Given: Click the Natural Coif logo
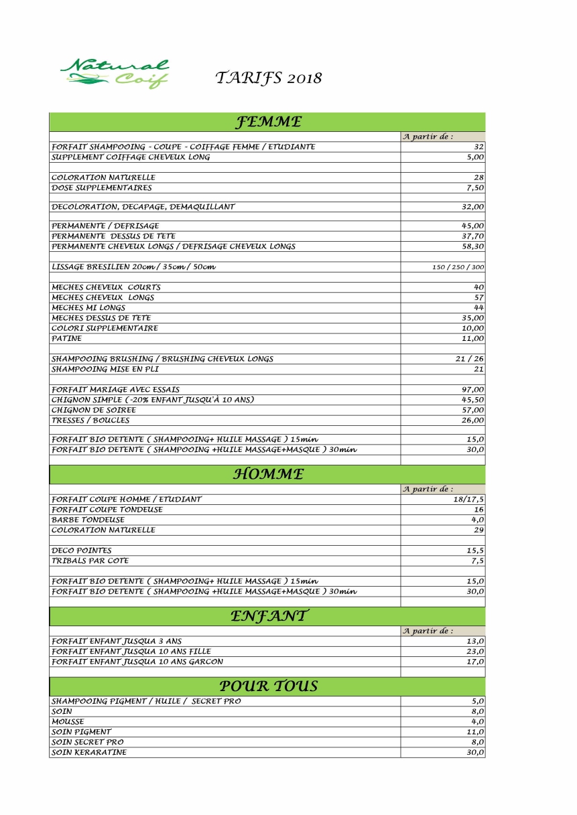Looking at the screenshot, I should pos(115,74).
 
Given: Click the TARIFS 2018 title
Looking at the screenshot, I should pos(268,78).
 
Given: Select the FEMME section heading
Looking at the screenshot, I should pos(267,122).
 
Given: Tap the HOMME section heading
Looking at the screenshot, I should pos(268,474).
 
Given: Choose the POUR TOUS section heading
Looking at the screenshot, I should pos(268,686).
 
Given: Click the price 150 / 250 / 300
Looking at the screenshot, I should pos(458,267).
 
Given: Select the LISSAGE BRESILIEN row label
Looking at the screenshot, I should pos(133,267).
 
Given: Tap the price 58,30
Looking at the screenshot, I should pos(472,246).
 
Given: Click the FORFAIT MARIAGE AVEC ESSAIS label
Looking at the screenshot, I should pos(115,389).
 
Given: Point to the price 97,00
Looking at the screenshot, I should pos(472,389).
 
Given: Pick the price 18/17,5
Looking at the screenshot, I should pos(468,499).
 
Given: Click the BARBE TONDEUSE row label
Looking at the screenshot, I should pos(88,520).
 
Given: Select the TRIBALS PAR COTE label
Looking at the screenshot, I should pos(90,561).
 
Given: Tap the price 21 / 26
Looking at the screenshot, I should pos(469,359).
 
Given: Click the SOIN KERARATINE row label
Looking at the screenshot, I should pos(88,753).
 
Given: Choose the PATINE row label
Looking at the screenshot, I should pos(66,339).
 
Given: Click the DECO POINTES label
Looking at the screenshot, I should pos(81,550).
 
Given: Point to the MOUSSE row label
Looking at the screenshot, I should pos(68,722).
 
